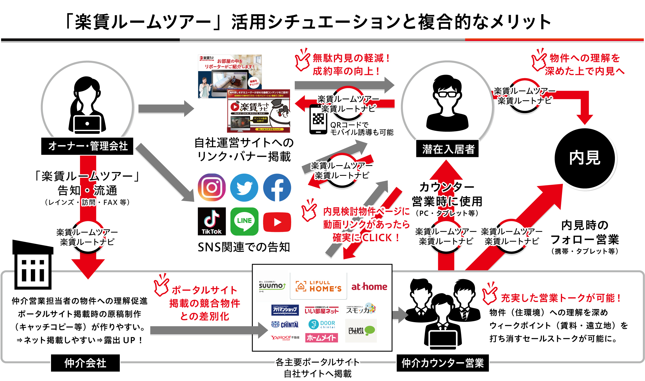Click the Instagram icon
[212, 188]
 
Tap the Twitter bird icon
[244, 188]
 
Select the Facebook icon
[277, 188]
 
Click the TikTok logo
[212, 221]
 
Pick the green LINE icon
[244, 221]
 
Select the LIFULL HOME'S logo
[318, 286]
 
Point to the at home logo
[369, 286]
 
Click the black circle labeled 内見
[584, 158]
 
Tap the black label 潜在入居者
[447, 149]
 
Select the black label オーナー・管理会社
[87, 146]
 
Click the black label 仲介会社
[85, 363]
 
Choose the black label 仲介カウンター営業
[443, 363]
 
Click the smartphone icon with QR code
[318, 120]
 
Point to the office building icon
[33, 266]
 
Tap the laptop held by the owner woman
[87, 124]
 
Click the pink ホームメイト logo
[321, 338]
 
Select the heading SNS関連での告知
[244, 247]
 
